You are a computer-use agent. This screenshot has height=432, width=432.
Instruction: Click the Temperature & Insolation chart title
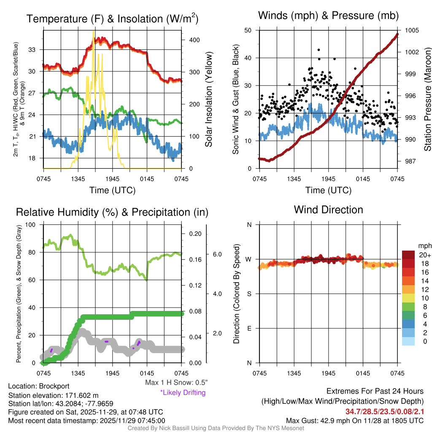coord(113,19)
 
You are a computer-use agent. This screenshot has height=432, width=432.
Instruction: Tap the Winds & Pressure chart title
coord(329,16)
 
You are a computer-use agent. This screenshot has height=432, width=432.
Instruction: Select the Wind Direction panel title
coord(328,209)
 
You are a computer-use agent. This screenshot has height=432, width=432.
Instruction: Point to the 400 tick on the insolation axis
coord(194,40)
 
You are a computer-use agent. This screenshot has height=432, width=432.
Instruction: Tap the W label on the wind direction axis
coord(249,259)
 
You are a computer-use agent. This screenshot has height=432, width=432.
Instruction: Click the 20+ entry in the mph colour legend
coord(424,255)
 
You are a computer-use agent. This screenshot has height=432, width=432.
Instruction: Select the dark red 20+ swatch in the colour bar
coord(409,255)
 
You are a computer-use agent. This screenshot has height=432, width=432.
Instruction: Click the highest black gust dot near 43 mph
coord(319,50)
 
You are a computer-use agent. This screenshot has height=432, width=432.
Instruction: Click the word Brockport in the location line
coord(54,386)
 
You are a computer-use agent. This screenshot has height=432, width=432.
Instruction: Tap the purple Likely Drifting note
coord(183,392)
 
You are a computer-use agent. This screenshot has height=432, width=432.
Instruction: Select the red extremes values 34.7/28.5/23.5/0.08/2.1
coord(385,411)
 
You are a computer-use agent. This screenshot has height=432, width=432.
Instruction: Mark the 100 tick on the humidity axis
coord(31,224)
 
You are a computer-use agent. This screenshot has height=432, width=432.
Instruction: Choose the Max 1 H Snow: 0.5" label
coord(176,382)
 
